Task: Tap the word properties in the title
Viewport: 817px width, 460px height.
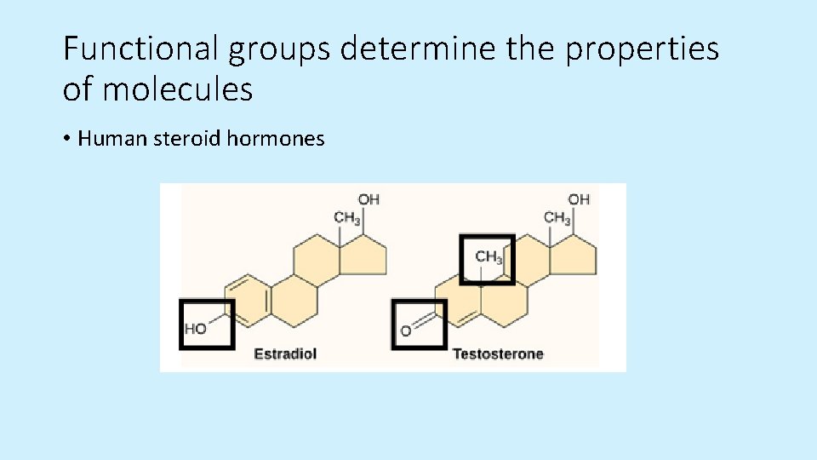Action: tap(643, 49)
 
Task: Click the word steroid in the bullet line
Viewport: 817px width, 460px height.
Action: tap(186, 138)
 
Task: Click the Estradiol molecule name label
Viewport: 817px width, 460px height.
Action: tap(285, 353)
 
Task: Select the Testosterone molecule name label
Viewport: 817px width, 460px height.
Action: tap(498, 353)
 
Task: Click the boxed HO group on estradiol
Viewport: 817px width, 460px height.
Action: tap(197, 328)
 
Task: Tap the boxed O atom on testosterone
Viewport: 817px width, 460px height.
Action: tap(406, 331)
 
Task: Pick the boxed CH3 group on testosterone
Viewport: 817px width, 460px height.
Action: tap(488, 256)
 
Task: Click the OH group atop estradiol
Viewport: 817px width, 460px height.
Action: tap(369, 199)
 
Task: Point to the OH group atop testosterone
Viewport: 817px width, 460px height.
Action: tap(579, 199)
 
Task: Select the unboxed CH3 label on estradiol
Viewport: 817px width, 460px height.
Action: tap(347, 218)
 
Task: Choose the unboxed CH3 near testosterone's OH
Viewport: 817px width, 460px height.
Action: tap(557, 218)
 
